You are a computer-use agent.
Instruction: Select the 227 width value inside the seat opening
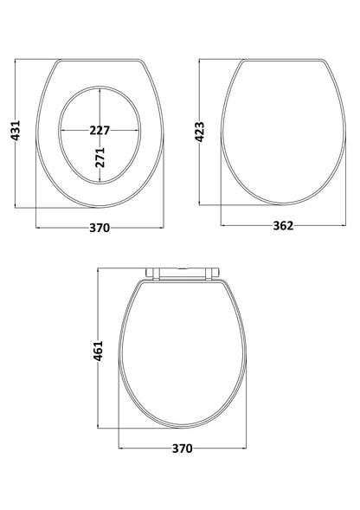point(100,132)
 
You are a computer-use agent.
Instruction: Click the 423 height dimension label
point(201,132)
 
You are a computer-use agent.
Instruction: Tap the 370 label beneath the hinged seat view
point(181,449)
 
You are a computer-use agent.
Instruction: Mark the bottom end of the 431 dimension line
point(18,207)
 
